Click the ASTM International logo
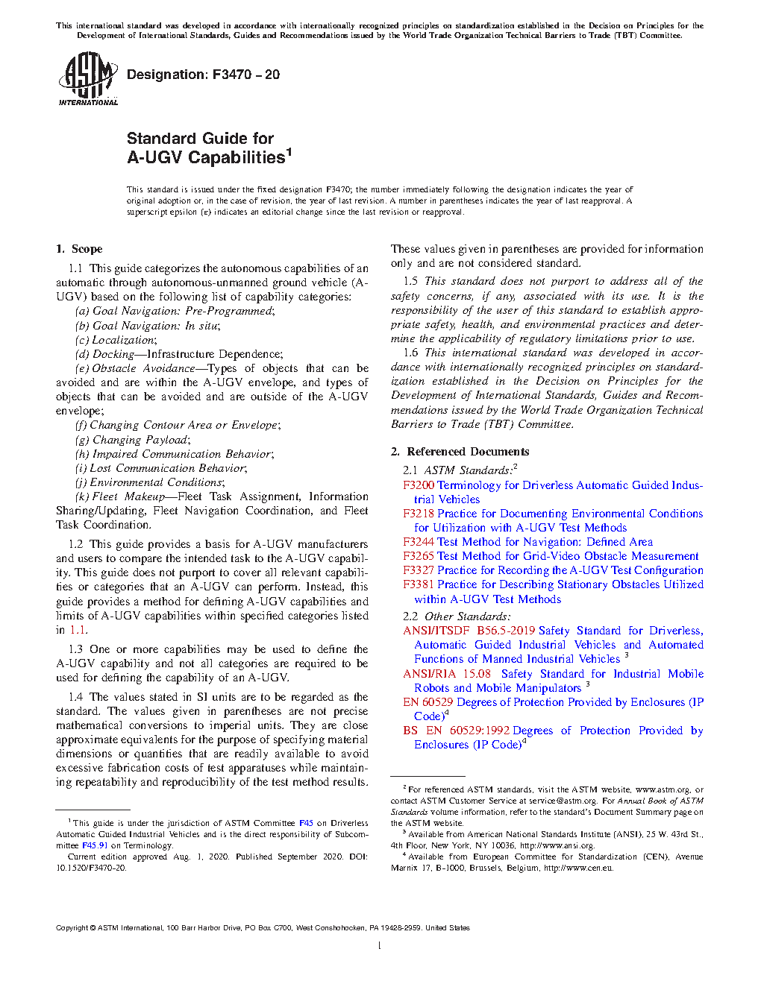tap(88, 79)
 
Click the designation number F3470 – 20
tap(203, 75)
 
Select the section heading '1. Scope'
tap(79, 249)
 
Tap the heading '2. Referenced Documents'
tap(460, 452)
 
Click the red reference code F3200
tap(419, 485)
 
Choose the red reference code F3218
tap(419, 514)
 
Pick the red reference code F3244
tap(419, 542)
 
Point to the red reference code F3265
tap(419, 556)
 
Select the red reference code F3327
tap(419, 570)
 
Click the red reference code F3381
tap(419, 584)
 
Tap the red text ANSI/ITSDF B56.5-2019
tap(469, 631)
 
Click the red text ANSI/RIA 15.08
tap(447, 674)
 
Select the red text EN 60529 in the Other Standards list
tap(428, 702)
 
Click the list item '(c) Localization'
tap(116, 340)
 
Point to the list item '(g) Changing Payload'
tap(132, 440)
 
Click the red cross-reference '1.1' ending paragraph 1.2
tap(78, 631)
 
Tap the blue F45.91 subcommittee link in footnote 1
tap(95, 845)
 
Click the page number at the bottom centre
tap(380, 946)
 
